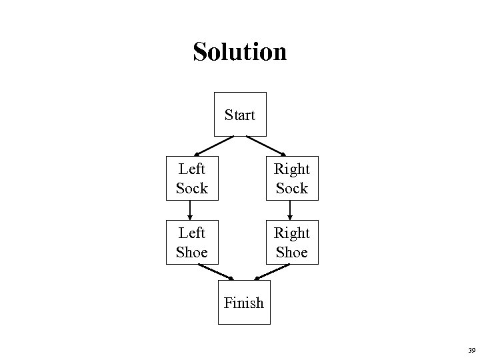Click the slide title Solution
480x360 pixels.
(x=239, y=51)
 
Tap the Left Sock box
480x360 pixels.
(x=191, y=179)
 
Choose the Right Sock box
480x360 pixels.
(x=292, y=179)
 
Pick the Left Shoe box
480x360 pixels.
(x=191, y=243)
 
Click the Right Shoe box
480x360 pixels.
(x=292, y=243)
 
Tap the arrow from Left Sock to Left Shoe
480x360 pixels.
(x=191, y=210)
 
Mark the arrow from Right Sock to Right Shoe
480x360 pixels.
(x=291, y=210)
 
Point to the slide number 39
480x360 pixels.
(x=471, y=350)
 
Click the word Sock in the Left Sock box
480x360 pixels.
(x=192, y=189)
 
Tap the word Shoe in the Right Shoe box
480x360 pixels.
(x=292, y=253)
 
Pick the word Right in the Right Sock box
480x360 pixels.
(x=292, y=169)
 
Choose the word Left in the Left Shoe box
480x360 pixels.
(x=191, y=233)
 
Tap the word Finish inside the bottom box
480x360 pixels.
(x=244, y=303)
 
